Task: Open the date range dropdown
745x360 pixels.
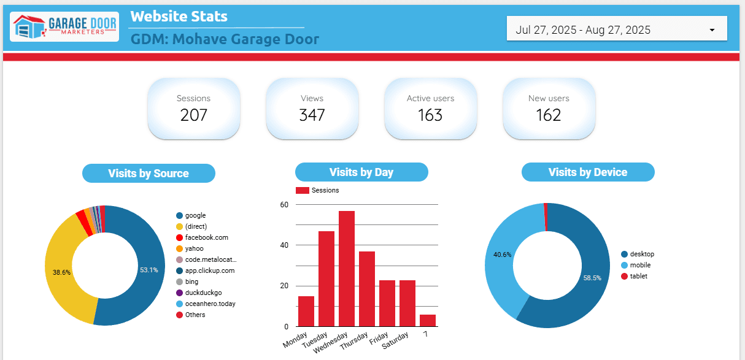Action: [x=616, y=29]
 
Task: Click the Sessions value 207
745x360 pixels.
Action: [x=194, y=115]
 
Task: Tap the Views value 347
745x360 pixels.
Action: [x=312, y=115]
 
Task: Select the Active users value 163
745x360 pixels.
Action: [x=430, y=115]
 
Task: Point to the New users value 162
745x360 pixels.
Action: [x=549, y=115]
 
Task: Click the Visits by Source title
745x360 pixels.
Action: [x=149, y=174]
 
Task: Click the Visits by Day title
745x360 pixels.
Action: [x=361, y=172]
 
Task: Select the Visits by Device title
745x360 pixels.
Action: [x=588, y=172]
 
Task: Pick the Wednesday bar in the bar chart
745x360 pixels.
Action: [x=347, y=269]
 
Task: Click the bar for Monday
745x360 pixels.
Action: [x=306, y=311]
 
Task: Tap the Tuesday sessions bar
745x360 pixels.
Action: [x=326, y=278]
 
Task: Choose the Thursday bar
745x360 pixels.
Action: [x=367, y=288]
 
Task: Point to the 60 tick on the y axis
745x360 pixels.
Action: [x=284, y=205]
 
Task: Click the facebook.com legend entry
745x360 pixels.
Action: [x=203, y=237]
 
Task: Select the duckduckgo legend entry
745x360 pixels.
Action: [x=203, y=293]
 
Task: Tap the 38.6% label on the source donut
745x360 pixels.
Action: [x=61, y=272]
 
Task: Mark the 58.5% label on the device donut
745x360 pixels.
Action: [x=592, y=277]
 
